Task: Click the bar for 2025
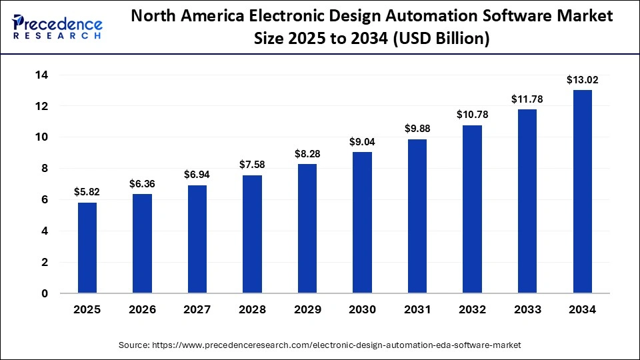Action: (x=87, y=248)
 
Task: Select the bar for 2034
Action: (x=582, y=192)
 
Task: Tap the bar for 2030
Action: (x=362, y=223)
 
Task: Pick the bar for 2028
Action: (x=252, y=234)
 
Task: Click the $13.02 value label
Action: (x=582, y=80)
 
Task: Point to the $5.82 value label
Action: (x=87, y=192)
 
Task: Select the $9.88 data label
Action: (x=417, y=129)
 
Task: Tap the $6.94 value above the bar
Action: (x=197, y=175)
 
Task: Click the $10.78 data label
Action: (x=472, y=115)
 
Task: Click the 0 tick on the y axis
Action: (x=44, y=293)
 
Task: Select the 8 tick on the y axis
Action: (x=44, y=169)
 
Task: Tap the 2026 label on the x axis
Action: (x=142, y=310)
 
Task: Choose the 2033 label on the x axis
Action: (x=527, y=310)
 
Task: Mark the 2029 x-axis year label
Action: (x=307, y=310)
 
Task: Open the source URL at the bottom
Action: (x=319, y=345)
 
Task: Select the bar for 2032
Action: (x=472, y=209)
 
